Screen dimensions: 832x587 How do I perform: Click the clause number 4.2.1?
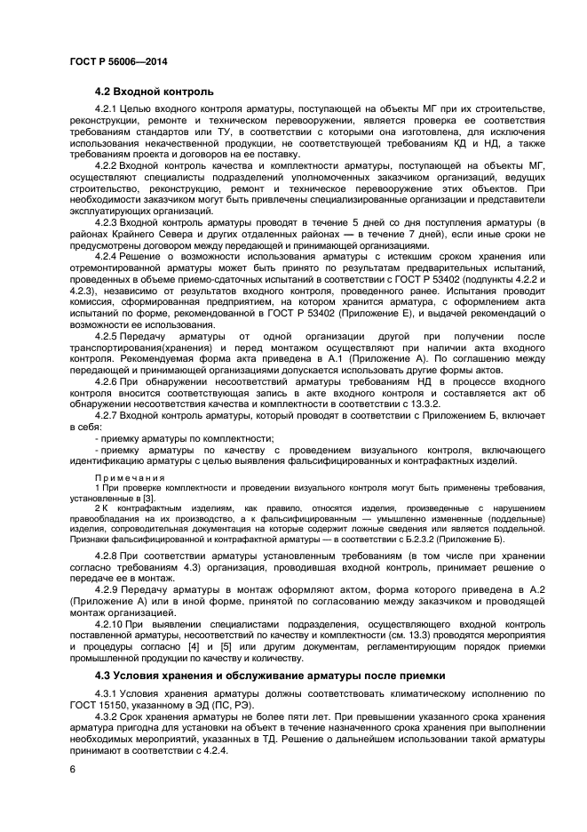(x=107, y=108)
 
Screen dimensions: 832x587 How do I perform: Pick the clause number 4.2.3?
(x=107, y=222)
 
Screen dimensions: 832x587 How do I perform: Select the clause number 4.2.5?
(x=107, y=338)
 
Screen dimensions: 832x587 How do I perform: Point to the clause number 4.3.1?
(x=107, y=692)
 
